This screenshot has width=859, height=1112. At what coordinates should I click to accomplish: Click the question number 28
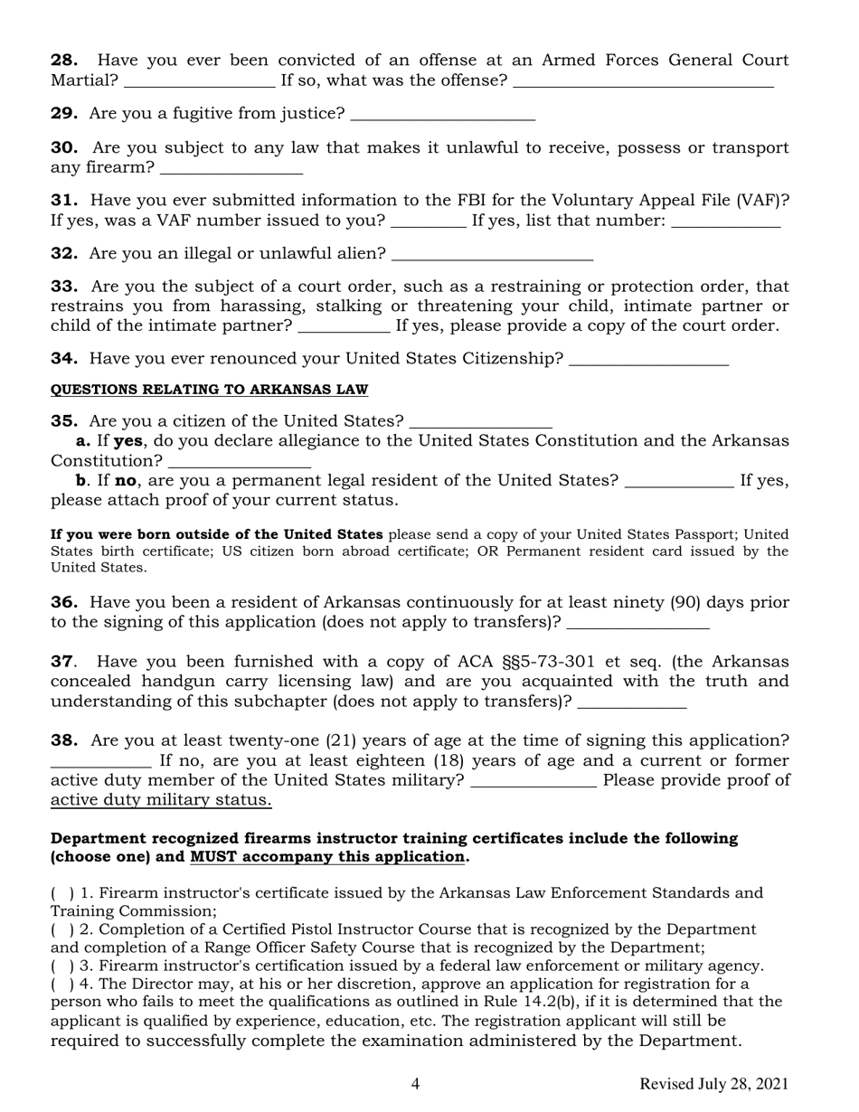pyautogui.click(x=64, y=61)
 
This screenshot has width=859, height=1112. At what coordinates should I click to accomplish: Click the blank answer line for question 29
pyautogui.click(x=442, y=115)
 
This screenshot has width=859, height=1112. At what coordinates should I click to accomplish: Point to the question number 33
pyautogui.click(x=64, y=287)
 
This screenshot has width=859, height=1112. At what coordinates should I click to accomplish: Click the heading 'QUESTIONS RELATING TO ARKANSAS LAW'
pyautogui.click(x=209, y=390)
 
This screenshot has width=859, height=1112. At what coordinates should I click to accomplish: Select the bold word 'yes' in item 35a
pyautogui.click(x=128, y=441)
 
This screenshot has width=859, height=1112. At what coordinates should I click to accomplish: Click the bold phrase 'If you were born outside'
pyautogui.click(x=216, y=534)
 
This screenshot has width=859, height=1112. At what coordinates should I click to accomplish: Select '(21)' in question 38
pyautogui.click(x=344, y=740)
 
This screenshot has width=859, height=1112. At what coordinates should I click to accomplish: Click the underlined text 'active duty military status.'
pyautogui.click(x=161, y=800)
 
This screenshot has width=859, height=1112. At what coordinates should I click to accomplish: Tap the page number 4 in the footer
pyautogui.click(x=415, y=1084)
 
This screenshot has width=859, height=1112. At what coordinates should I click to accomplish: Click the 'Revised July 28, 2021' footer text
pyautogui.click(x=713, y=1084)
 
